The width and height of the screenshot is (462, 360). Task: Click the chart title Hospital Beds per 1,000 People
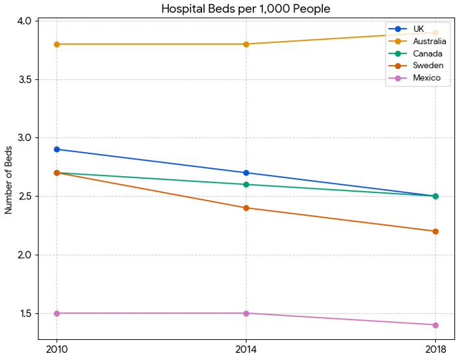pyautogui.click(x=246, y=8)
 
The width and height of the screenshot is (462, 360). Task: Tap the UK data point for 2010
pyautogui.click(x=57, y=149)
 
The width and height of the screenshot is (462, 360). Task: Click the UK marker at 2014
pyautogui.click(x=246, y=173)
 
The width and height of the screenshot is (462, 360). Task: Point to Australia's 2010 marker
pyautogui.click(x=57, y=44)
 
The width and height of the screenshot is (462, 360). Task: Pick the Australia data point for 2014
pyautogui.click(x=246, y=44)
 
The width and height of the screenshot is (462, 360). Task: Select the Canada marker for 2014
pyautogui.click(x=246, y=185)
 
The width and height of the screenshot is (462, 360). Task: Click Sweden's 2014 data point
pyautogui.click(x=246, y=208)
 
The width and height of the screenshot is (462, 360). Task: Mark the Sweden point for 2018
pyautogui.click(x=435, y=231)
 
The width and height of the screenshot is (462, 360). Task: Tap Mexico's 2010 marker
pyautogui.click(x=57, y=313)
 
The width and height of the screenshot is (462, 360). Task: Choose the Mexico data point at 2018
pyautogui.click(x=435, y=325)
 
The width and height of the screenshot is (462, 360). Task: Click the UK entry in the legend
pyautogui.click(x=418, y=29)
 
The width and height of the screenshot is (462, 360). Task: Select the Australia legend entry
pyautogui.click(x=429, y=41)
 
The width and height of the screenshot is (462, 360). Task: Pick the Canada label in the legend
pyautogui.click(x=427, y=53)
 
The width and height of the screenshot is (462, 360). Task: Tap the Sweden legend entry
pyautogui.click(x=428, y=66)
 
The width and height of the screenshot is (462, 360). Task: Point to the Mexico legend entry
pyautogui.click(x=426, y=78)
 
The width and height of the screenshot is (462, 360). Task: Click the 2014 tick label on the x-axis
pyautogui.click(x=246, y=349)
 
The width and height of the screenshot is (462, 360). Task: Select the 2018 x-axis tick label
pyautogui.click(x=435, y=349)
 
